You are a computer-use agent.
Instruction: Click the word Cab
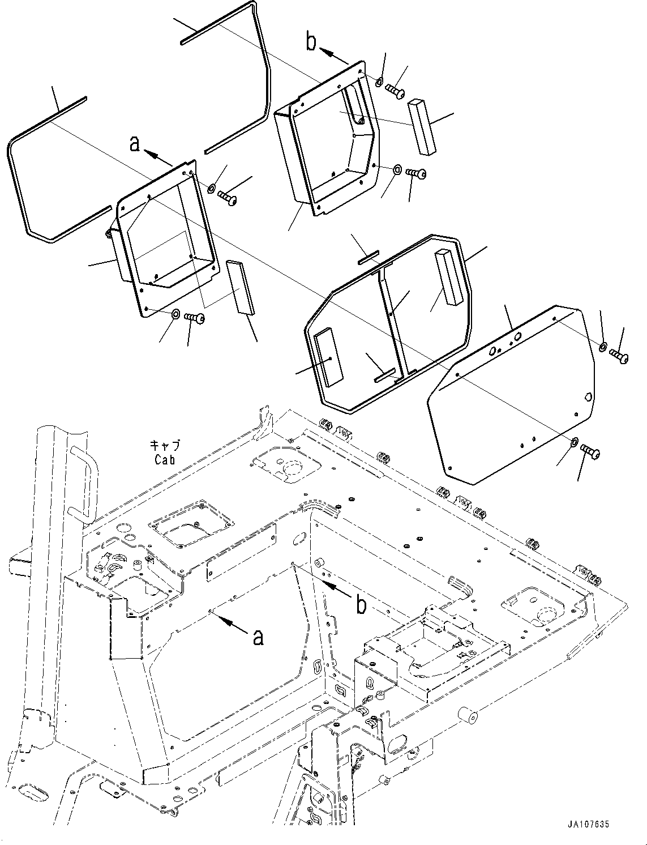[x=164, y=460]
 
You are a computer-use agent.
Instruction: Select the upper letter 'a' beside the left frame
[x=135, y=144]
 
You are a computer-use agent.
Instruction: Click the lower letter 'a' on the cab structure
[x=258, y=638]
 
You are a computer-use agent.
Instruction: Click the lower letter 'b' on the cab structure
[x=361, y=605]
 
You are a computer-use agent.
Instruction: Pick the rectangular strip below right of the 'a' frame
[x=241, y=287]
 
